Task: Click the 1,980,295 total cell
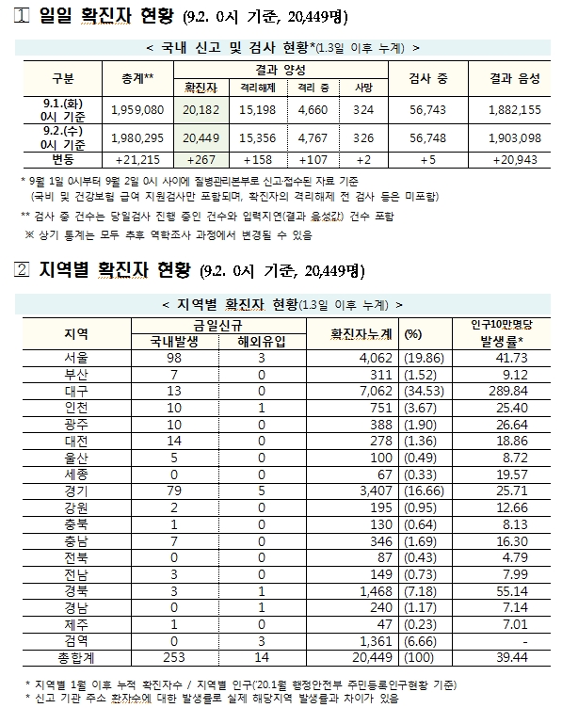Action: [137, 137]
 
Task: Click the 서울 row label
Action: [77, 358]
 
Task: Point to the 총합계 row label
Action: [77, 654]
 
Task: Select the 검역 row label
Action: [77, 638]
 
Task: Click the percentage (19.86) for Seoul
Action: [419, 358]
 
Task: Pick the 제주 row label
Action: [77, 622]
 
